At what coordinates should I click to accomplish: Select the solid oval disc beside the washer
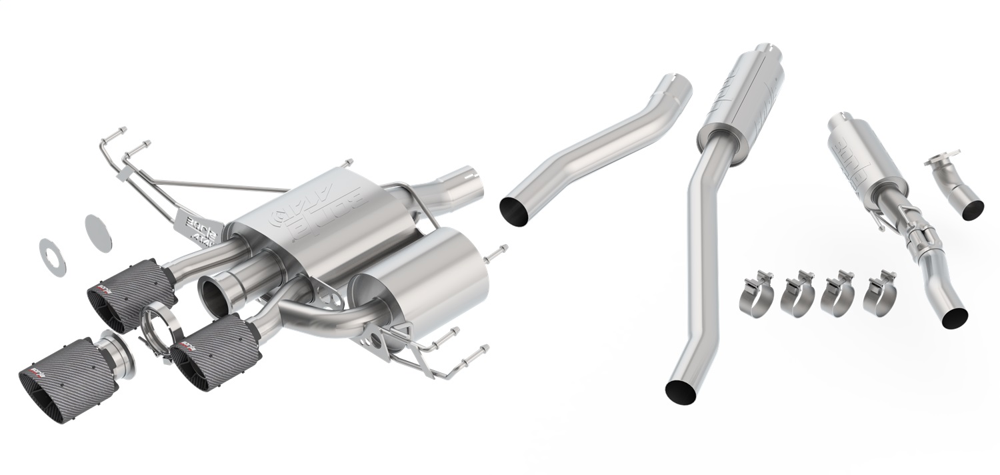click(99, 233)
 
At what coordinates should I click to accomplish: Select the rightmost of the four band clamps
click(880, 292)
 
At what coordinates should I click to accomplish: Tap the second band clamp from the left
click(797, 294)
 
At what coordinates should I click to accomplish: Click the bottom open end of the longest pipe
click(680, 392)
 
